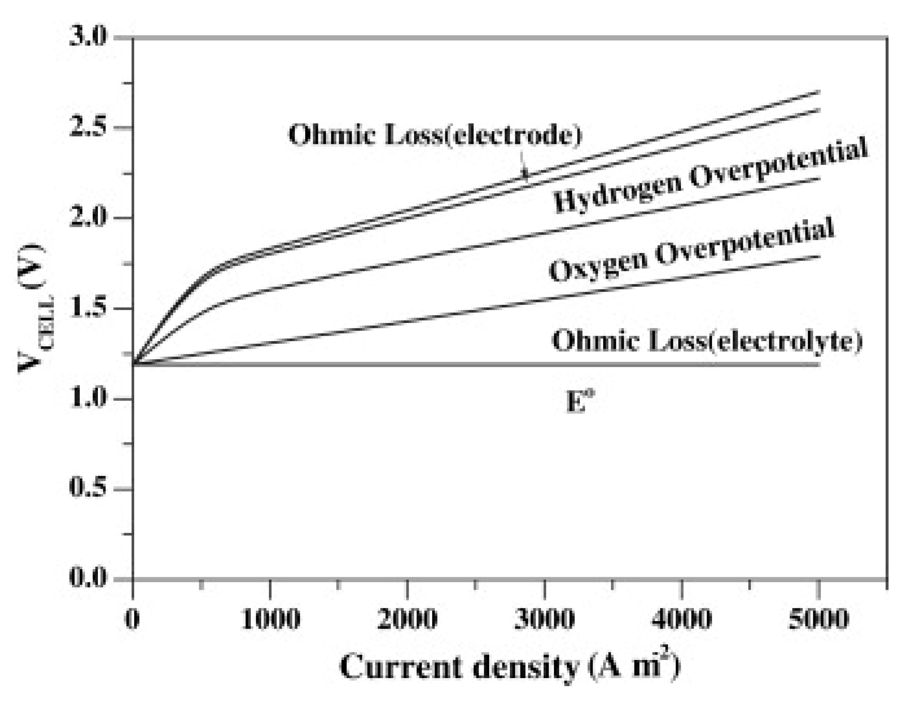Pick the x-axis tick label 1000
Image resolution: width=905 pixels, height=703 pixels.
click(x=271, y=619)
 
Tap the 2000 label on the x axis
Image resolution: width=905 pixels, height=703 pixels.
click(x=407, y=619)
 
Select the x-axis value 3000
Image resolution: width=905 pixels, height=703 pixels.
click(x=545, y=619)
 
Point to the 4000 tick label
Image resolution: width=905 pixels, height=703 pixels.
click(x=681, y=619)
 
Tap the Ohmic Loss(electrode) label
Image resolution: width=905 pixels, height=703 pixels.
click(x=435, y=135)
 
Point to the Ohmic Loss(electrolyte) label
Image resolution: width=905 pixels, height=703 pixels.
click(x=707, y=341)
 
